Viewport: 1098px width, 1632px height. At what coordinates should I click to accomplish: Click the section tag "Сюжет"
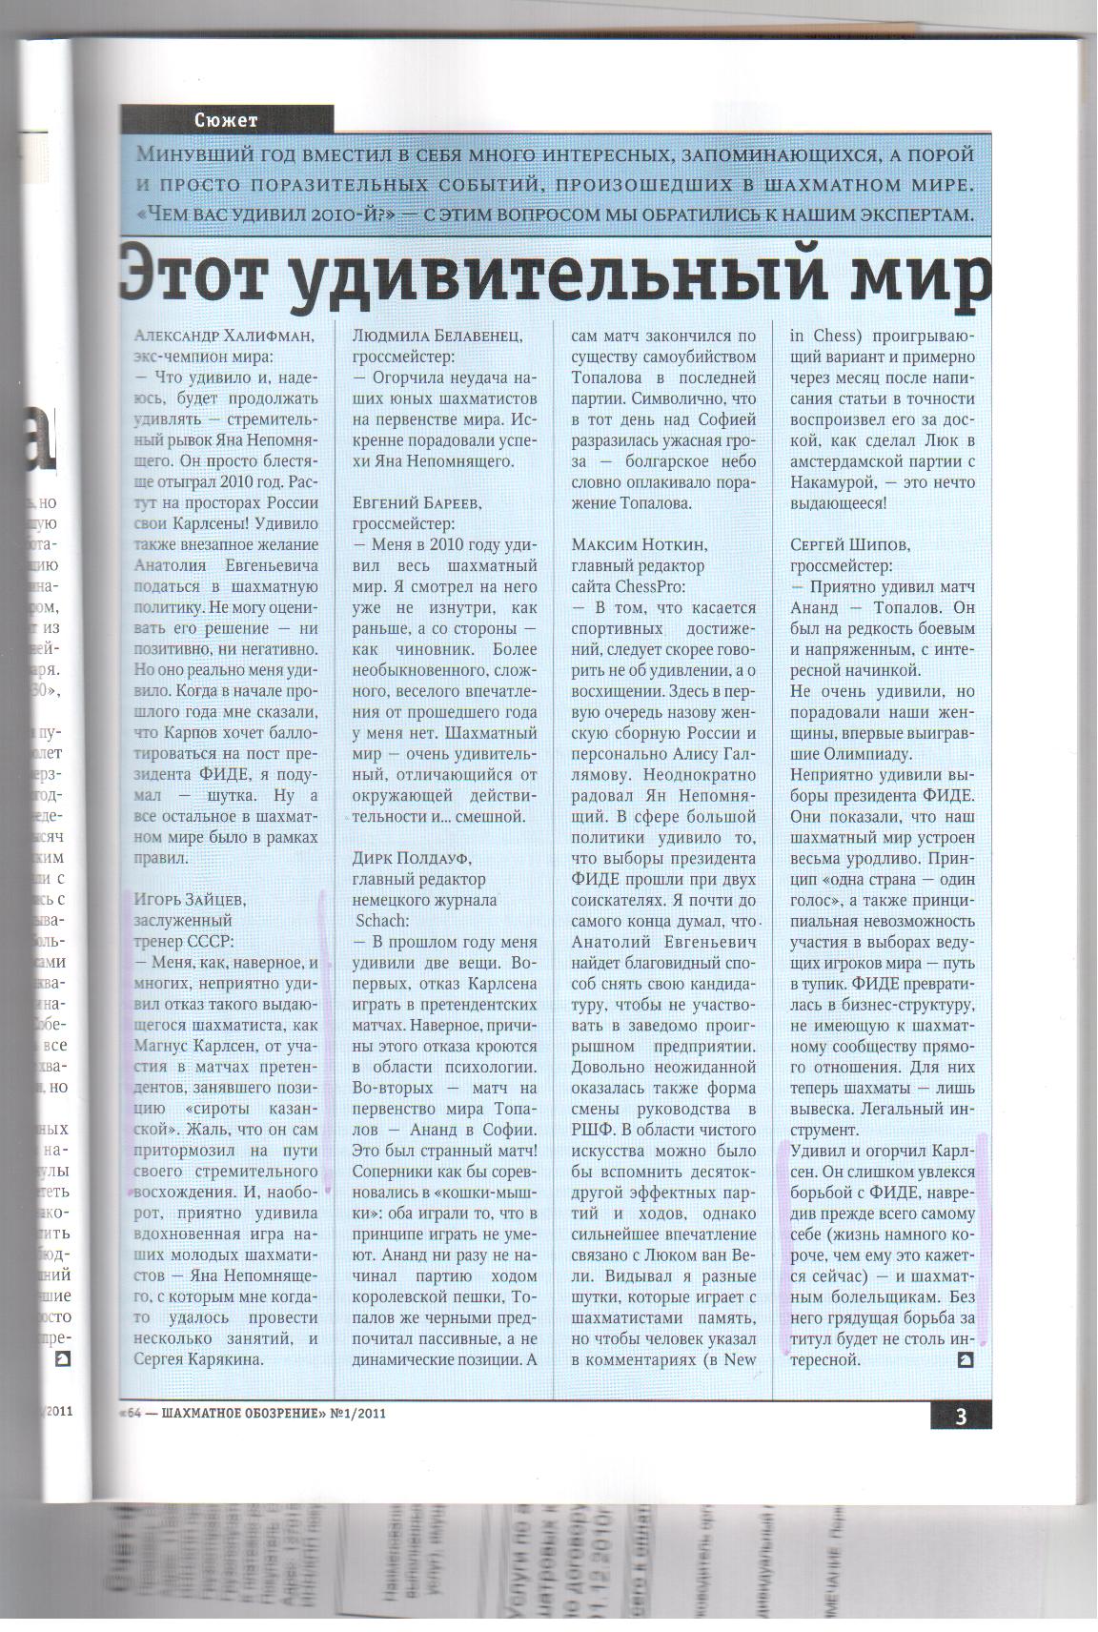226,119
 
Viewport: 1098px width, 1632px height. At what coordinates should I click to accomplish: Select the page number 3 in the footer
960,1416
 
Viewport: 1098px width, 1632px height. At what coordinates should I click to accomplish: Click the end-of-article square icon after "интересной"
965,1359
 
